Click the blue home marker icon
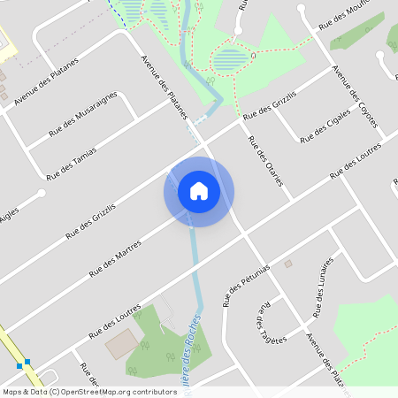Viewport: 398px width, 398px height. coord(198,191)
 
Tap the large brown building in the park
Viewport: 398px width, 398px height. coord(122,345)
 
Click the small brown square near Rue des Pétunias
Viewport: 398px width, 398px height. coord(288,263)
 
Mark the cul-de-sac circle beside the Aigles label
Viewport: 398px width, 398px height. coord(41,192)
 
